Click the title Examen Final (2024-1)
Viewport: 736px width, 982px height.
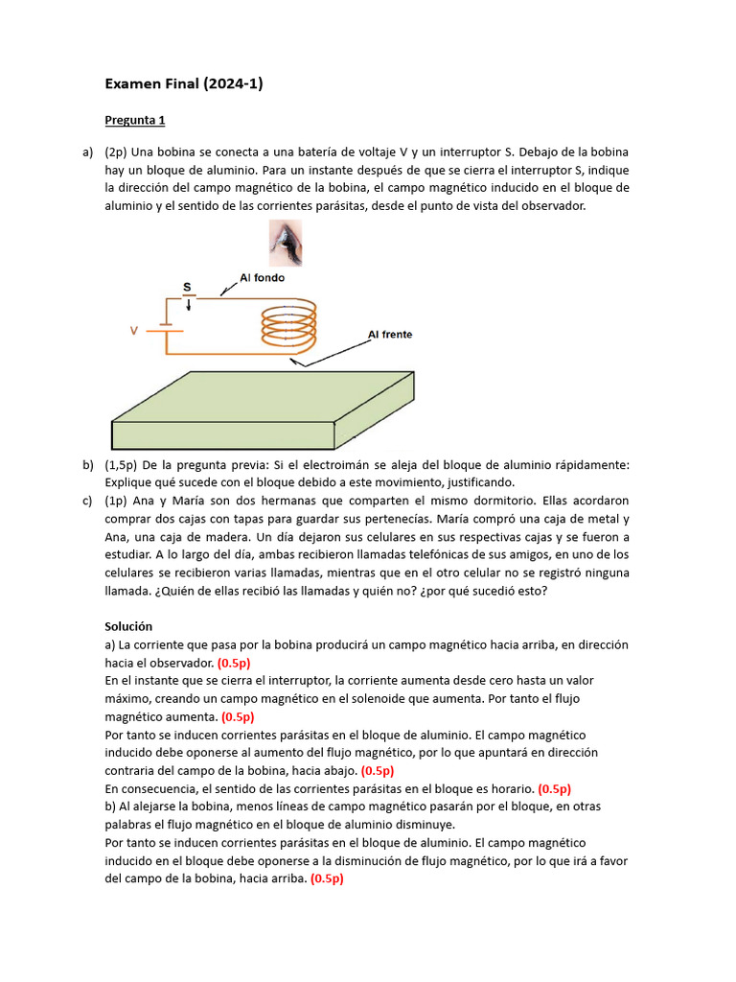tap(183, 84)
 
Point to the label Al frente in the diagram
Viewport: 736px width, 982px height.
tap(390, 335)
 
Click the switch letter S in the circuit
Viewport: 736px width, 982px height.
tap(187, 287)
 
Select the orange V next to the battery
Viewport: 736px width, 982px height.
tap(134, 331)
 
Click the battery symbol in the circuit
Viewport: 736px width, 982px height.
tap(165, 329)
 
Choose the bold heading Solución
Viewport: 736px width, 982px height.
tap(130, 626)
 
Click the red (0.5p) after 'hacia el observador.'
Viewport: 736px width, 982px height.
tap(235, 663)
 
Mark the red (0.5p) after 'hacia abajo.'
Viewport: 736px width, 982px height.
tap(378, 771)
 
